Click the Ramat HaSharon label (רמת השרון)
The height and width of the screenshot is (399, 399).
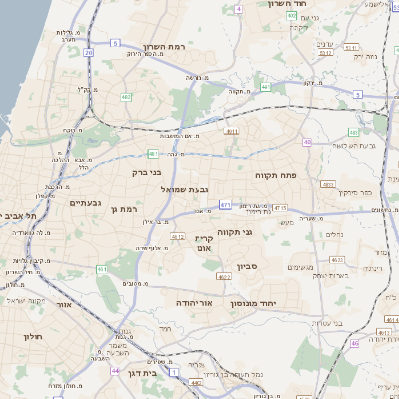[165, 47]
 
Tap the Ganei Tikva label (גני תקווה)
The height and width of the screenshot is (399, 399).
[261, 232]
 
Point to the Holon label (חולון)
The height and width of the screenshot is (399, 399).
[32, 337]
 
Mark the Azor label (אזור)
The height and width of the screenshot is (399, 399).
[65, 305]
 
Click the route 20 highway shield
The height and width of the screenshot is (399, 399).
[88, 52]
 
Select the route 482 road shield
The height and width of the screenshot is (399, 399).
[126, 97]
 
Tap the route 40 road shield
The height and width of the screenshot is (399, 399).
[308, 143]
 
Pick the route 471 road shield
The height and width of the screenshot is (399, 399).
[226, 204]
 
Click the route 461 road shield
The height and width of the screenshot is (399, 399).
[102, 269]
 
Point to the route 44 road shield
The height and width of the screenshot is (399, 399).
[116, 370]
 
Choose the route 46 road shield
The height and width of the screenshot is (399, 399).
[354, 344]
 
